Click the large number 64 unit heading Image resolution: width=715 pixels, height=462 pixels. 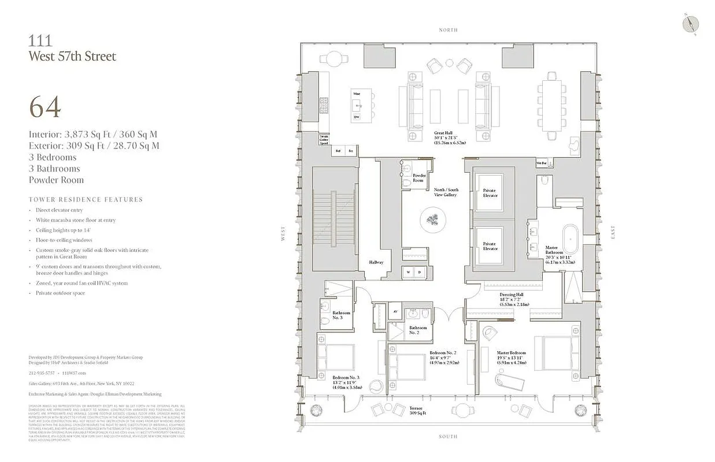(45, 107)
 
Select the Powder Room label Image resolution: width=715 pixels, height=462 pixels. (419, 178)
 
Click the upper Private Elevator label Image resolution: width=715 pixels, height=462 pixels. (490, 193)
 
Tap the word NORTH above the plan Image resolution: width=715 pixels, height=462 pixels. (448, 30)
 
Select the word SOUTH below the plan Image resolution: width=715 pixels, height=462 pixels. (448, 437)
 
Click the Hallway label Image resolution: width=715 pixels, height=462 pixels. (376, 262)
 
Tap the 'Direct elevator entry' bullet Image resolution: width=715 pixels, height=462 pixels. (59, 211)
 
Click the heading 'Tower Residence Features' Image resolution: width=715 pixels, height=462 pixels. (86, 199)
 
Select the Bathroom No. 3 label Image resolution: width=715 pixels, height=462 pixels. (341, 315)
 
